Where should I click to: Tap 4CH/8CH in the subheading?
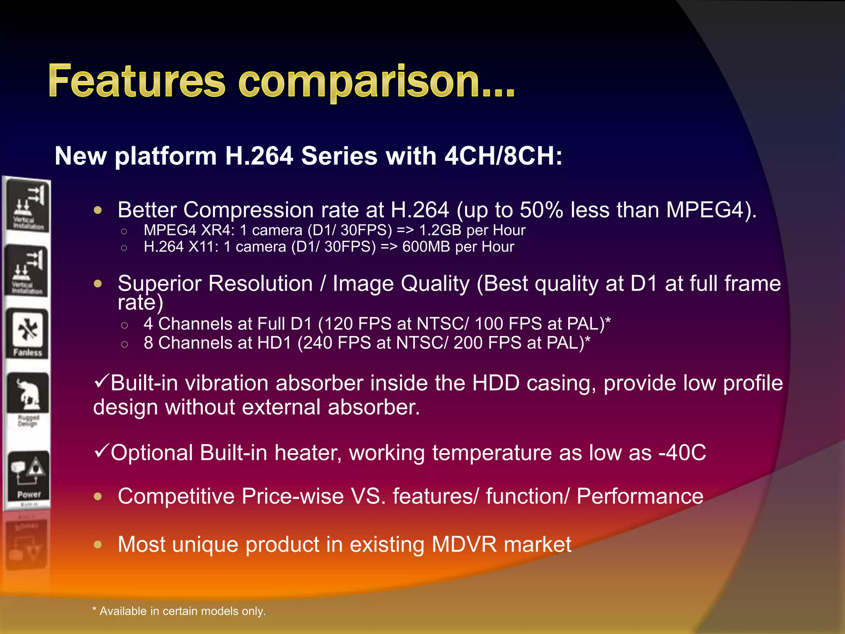(x=503, y=156)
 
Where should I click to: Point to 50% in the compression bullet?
(x=541, y=210)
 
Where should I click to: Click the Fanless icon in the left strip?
(x=27, y=334)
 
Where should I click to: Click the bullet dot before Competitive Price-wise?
(x=98, y=497)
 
